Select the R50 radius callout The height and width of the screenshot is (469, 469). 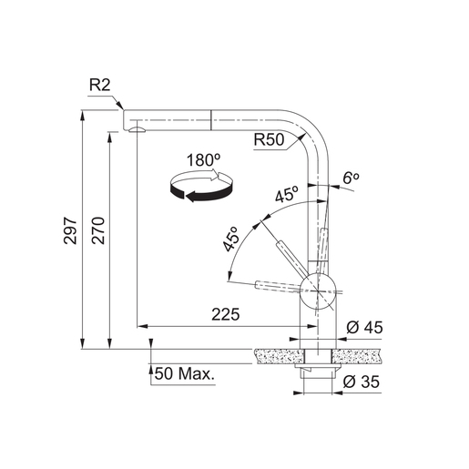point(270,140)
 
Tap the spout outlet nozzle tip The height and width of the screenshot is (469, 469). point(137,130)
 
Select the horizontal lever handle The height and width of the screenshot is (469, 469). point(279,286)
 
